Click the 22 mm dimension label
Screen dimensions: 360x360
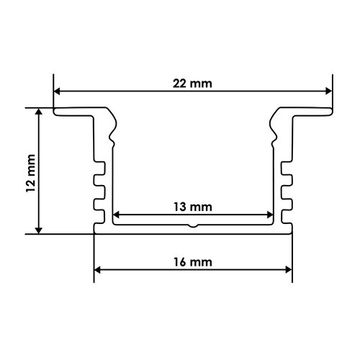pyautogui.click(x=192, y=84)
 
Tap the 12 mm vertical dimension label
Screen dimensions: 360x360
pyautogui.click(x=31, y=173)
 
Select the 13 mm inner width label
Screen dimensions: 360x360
pyautogui.click(x=193, y=207)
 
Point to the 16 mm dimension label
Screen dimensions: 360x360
pyautogui.click(x=193, y=262)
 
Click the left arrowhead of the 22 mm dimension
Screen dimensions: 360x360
pyautogui.click(x=57, y=91)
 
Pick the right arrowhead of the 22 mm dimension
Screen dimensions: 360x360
pyautogui.click(x=329, y=91)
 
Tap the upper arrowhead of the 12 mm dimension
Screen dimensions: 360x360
pyautogui.click(x=39, y=112)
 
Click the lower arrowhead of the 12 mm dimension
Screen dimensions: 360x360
pyautogui.click(x=39, y=230)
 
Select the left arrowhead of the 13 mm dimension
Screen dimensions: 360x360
pyautogui.click(x=116, y=215)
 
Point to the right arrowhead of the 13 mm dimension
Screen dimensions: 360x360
pyautogui.click(x=270, y=215)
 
